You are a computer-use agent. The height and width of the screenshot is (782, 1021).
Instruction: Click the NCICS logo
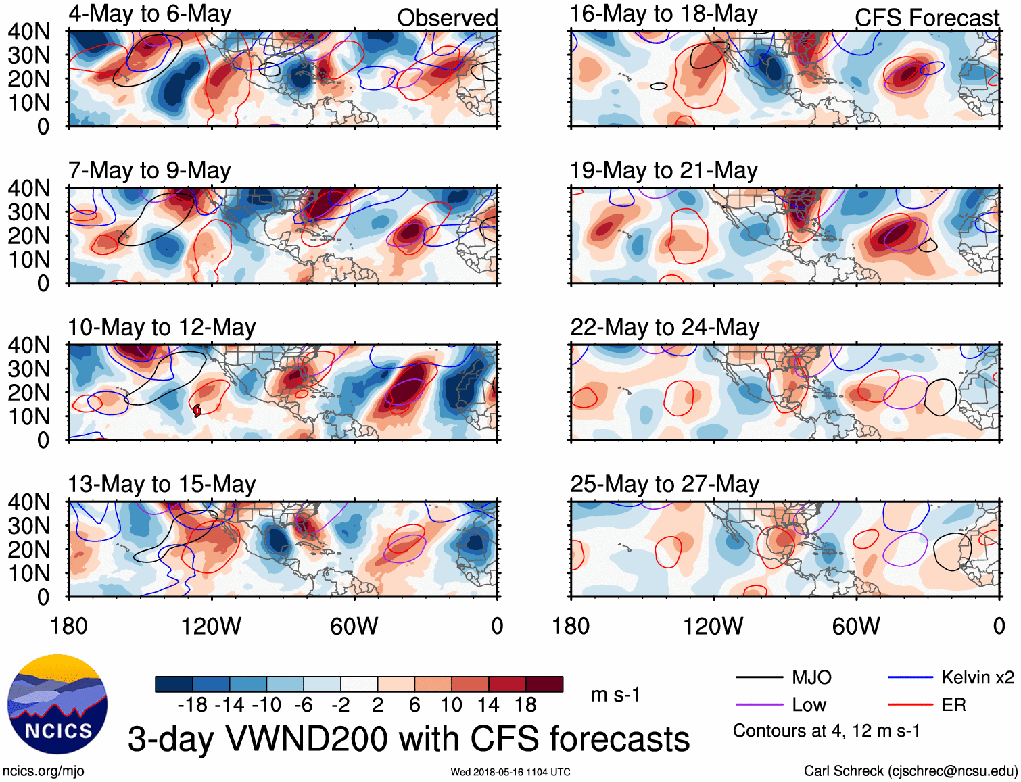click(x=57, y=704)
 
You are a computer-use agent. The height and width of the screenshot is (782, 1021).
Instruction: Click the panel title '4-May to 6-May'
click(x=149, y=14)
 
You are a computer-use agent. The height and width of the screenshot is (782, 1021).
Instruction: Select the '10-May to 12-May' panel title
click(x=162, y=328)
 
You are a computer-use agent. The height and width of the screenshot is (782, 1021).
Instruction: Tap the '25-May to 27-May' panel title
click(x=665, y=485)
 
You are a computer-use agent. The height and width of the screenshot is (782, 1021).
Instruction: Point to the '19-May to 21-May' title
click(x=664, y=171)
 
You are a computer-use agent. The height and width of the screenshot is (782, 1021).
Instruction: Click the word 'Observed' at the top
click(x=448, y=18)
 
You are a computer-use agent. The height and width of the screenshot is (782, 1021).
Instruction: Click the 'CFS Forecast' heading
click(x=927, y=18)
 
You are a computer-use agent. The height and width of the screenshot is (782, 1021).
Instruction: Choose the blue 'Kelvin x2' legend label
click(x=977, y=677)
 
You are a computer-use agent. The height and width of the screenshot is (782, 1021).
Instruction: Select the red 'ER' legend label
click(x=953, y=705)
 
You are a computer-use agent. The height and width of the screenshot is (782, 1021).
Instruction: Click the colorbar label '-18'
click(x=193, y=705)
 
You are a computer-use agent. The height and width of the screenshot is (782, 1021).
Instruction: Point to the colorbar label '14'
click(x=488, y=705)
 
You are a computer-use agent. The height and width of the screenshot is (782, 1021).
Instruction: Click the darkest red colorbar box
click(x=544, y=684)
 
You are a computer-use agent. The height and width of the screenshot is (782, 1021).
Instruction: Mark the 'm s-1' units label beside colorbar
click(x=615, y=695)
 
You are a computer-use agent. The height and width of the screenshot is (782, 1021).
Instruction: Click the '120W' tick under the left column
click(x=211, y=626)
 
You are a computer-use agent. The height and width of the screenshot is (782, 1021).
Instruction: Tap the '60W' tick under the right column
click(x=856, y=626)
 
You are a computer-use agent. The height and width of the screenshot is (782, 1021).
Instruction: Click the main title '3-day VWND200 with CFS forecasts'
click(x=408, y=739)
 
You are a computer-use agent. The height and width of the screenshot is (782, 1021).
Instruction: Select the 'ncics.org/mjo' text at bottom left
click(x=43, y=771)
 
